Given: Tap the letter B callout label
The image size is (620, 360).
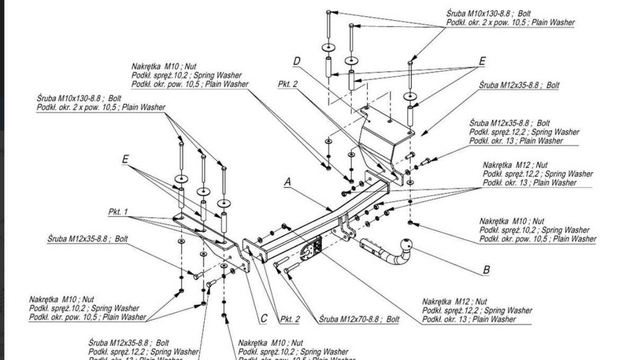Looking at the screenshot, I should [486, 270].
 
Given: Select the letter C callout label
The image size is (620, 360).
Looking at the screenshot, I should [264, 319].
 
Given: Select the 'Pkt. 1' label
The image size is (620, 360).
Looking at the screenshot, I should [119, 212].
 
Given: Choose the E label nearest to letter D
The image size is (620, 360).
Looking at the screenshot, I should [482, 62].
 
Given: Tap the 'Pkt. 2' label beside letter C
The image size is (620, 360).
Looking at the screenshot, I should [289, 319].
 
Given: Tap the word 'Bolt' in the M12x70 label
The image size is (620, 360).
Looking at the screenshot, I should [392, 320].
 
